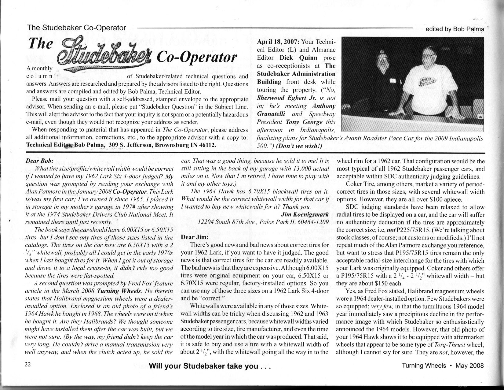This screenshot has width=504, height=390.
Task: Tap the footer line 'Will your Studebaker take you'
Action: point(210,366)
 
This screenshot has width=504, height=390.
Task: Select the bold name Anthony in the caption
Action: point(323,106)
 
